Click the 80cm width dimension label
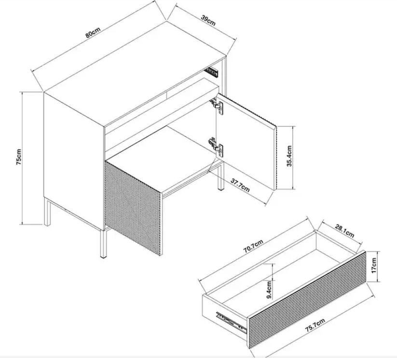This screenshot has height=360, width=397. point(93,32)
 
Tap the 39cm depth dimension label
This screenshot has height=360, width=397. point(208,21)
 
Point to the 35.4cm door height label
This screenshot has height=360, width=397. point(289,156)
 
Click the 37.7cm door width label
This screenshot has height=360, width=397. point(240,185)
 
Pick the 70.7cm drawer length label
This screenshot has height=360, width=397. point(253,246)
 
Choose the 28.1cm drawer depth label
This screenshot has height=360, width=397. point(344,231)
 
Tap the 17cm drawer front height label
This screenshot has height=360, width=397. point(374,266)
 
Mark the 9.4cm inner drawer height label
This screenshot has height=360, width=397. point(269,290)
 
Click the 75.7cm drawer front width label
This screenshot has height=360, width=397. point(315,325)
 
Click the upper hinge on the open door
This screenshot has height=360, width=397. point(217,106)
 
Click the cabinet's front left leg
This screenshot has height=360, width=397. point(103,244)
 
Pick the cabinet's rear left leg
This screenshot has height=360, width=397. point(47,212)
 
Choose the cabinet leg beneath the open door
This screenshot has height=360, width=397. point(220,176)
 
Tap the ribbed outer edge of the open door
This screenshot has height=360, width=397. point(277,158)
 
